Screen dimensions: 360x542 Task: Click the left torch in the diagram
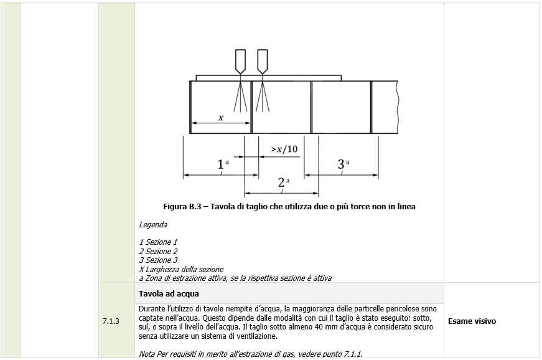[x=241, y=61]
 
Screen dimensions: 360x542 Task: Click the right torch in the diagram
[x=263, y=61]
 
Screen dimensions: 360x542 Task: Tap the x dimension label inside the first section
[x=220, y=116]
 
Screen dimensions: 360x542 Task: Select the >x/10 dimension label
[x=284, y=149]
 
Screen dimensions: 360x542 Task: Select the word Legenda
[x=153, y=224]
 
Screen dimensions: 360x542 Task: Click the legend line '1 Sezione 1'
[x=158, y=242]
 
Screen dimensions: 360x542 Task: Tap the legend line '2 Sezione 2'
[x=158, y=251]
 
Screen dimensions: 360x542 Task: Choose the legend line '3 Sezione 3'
[x=158, y=260]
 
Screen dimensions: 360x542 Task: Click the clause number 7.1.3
[x=110, y=321]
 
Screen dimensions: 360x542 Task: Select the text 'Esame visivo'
[x=472, y=321]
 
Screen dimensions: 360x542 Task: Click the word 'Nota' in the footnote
[x=147, y=354]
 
